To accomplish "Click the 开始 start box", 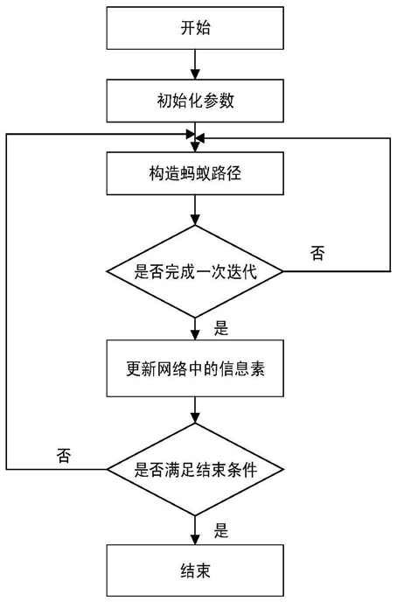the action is pos(195,28).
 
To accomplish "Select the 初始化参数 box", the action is pos(195,101).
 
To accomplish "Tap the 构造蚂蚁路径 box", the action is pos(195,173).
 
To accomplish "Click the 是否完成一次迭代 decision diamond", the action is pos(195,271).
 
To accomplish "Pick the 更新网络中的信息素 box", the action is pos(195,368).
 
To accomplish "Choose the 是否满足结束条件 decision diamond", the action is pos(195,469).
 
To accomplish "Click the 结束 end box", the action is pos(195,570).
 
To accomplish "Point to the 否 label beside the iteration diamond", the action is pos(317,254).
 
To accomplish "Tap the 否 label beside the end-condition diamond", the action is pos(64,455).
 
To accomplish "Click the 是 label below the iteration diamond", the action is pos(221,329).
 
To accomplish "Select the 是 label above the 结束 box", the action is pos(221,530).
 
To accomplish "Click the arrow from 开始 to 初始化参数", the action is pos(195,65).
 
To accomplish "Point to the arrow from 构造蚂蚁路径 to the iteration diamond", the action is pos(195,210).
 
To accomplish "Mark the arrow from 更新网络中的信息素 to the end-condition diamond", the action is pos(195,409).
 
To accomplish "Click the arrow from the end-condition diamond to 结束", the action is pos(195,530).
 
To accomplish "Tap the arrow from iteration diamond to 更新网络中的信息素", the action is pos(195,329).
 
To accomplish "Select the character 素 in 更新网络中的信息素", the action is pos(257,368).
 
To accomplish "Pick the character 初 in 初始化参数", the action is pos(164,101).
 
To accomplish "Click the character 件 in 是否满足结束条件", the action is pos(249,470).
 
